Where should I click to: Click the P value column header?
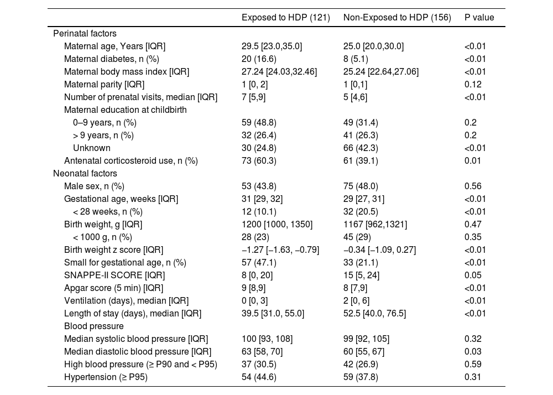[479, 18]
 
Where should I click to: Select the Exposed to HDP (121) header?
[286, 18]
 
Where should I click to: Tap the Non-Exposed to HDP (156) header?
[397, 18]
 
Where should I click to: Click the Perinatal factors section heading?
[85, 34]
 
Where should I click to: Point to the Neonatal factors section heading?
[85, 174]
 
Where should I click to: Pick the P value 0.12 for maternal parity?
[473, 84]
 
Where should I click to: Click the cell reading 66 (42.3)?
[361, 148]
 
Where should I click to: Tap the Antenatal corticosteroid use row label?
[131, 161]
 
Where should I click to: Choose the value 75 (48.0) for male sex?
[361, 186]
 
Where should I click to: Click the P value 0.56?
[473, 186]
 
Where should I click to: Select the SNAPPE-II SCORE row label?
[114, 276]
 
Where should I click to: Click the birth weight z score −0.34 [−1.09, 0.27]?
[379, 250]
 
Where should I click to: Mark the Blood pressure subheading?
[94, 326]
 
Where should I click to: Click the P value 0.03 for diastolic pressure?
[473, 352]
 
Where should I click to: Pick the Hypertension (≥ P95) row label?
[106, 377]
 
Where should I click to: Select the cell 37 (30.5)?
[259, 365]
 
